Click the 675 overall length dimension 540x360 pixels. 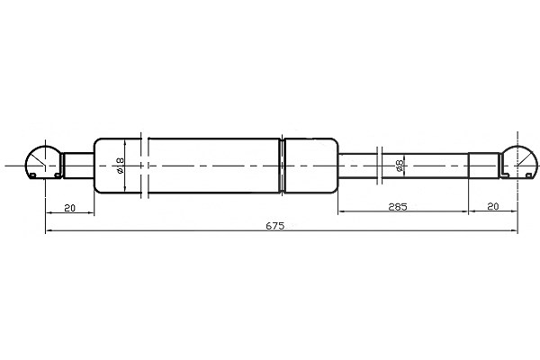[x=275, y=226]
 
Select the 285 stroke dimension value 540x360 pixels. [x=398, y=207]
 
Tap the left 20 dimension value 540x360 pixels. [x=69, y=208]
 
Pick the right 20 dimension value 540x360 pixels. [x=493, y=206]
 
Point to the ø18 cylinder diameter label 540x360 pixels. [x=121, y=166]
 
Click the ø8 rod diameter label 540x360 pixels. [x=400, y=166]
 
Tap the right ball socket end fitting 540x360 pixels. [x=518, y=162]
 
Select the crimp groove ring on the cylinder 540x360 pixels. [x=283, y=166]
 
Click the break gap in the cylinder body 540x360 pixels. [x=145, y=166]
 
